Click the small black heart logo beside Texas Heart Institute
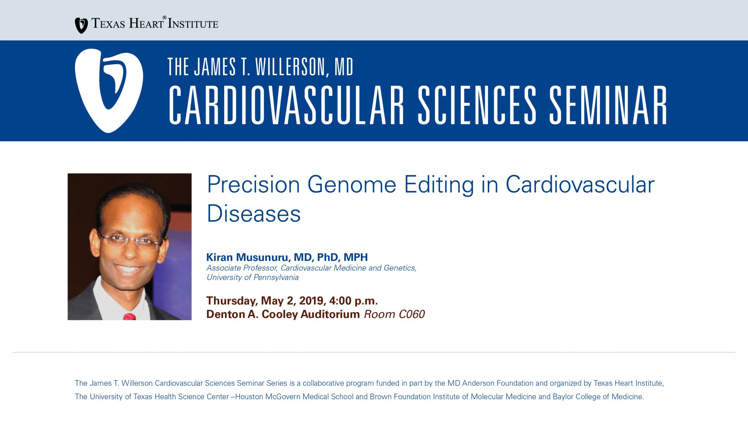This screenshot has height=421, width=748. point(81,26)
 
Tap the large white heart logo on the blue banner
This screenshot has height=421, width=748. point(109,91)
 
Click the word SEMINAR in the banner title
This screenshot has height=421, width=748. point(608,105)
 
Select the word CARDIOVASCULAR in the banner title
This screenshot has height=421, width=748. point(286,105)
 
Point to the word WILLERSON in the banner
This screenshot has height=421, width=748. point(290,67)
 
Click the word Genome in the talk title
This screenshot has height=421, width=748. point(352,185)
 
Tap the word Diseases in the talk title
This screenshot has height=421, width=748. point(254,213)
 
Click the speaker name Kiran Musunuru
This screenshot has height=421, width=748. point(247,257)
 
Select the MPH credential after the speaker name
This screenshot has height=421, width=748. point(356,257)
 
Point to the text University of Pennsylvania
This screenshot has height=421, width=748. point(253,277)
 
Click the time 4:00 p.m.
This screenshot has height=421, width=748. point(354,301)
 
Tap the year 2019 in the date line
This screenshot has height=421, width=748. point(311,301)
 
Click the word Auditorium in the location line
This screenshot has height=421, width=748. point(330,314)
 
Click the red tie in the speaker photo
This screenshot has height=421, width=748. point(130,316)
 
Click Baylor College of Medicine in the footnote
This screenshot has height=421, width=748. point(598,397)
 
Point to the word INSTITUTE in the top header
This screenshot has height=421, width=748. point(193,24)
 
